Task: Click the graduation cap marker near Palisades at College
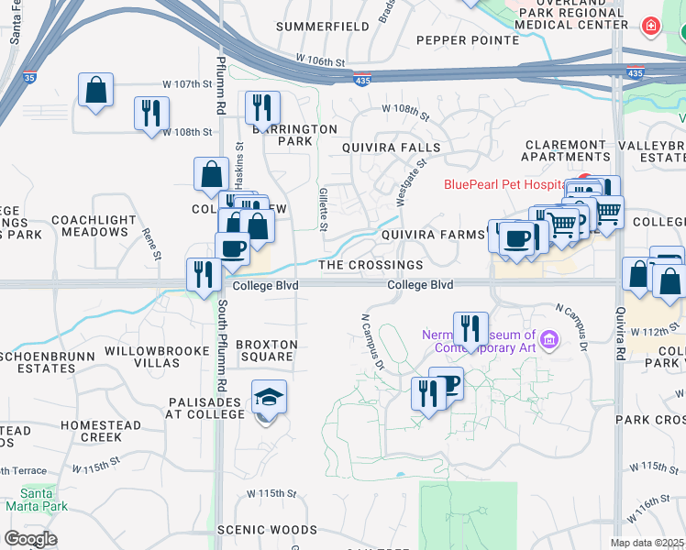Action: [x=270, y=398]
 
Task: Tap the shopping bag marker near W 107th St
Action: [x=95, y=91]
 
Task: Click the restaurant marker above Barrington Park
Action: [x=262, y=109]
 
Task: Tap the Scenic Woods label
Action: [x=267, y=530]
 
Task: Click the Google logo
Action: [x=31, y=539]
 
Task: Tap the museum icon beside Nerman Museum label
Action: [x=549, y=341]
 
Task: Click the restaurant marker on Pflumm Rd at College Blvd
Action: [x=202, y=274]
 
